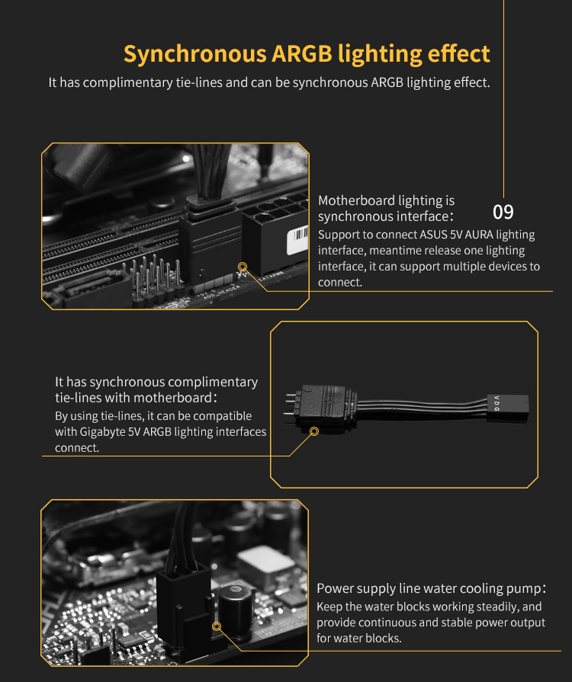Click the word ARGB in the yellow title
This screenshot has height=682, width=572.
(x=302, y=53)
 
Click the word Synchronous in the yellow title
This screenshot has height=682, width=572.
(x=195, y=55)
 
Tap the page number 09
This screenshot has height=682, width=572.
(x=503, y=212)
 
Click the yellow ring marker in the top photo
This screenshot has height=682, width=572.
(x=243, y=267)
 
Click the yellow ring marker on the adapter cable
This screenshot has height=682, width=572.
(x=314, y=431)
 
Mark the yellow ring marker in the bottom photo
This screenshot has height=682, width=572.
(x=217, y=626)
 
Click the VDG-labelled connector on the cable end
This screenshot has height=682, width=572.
(x=508, y=408)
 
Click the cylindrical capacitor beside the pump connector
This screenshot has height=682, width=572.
(x=236, y=606)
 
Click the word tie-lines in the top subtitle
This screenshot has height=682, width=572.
(x=199, y=82)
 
